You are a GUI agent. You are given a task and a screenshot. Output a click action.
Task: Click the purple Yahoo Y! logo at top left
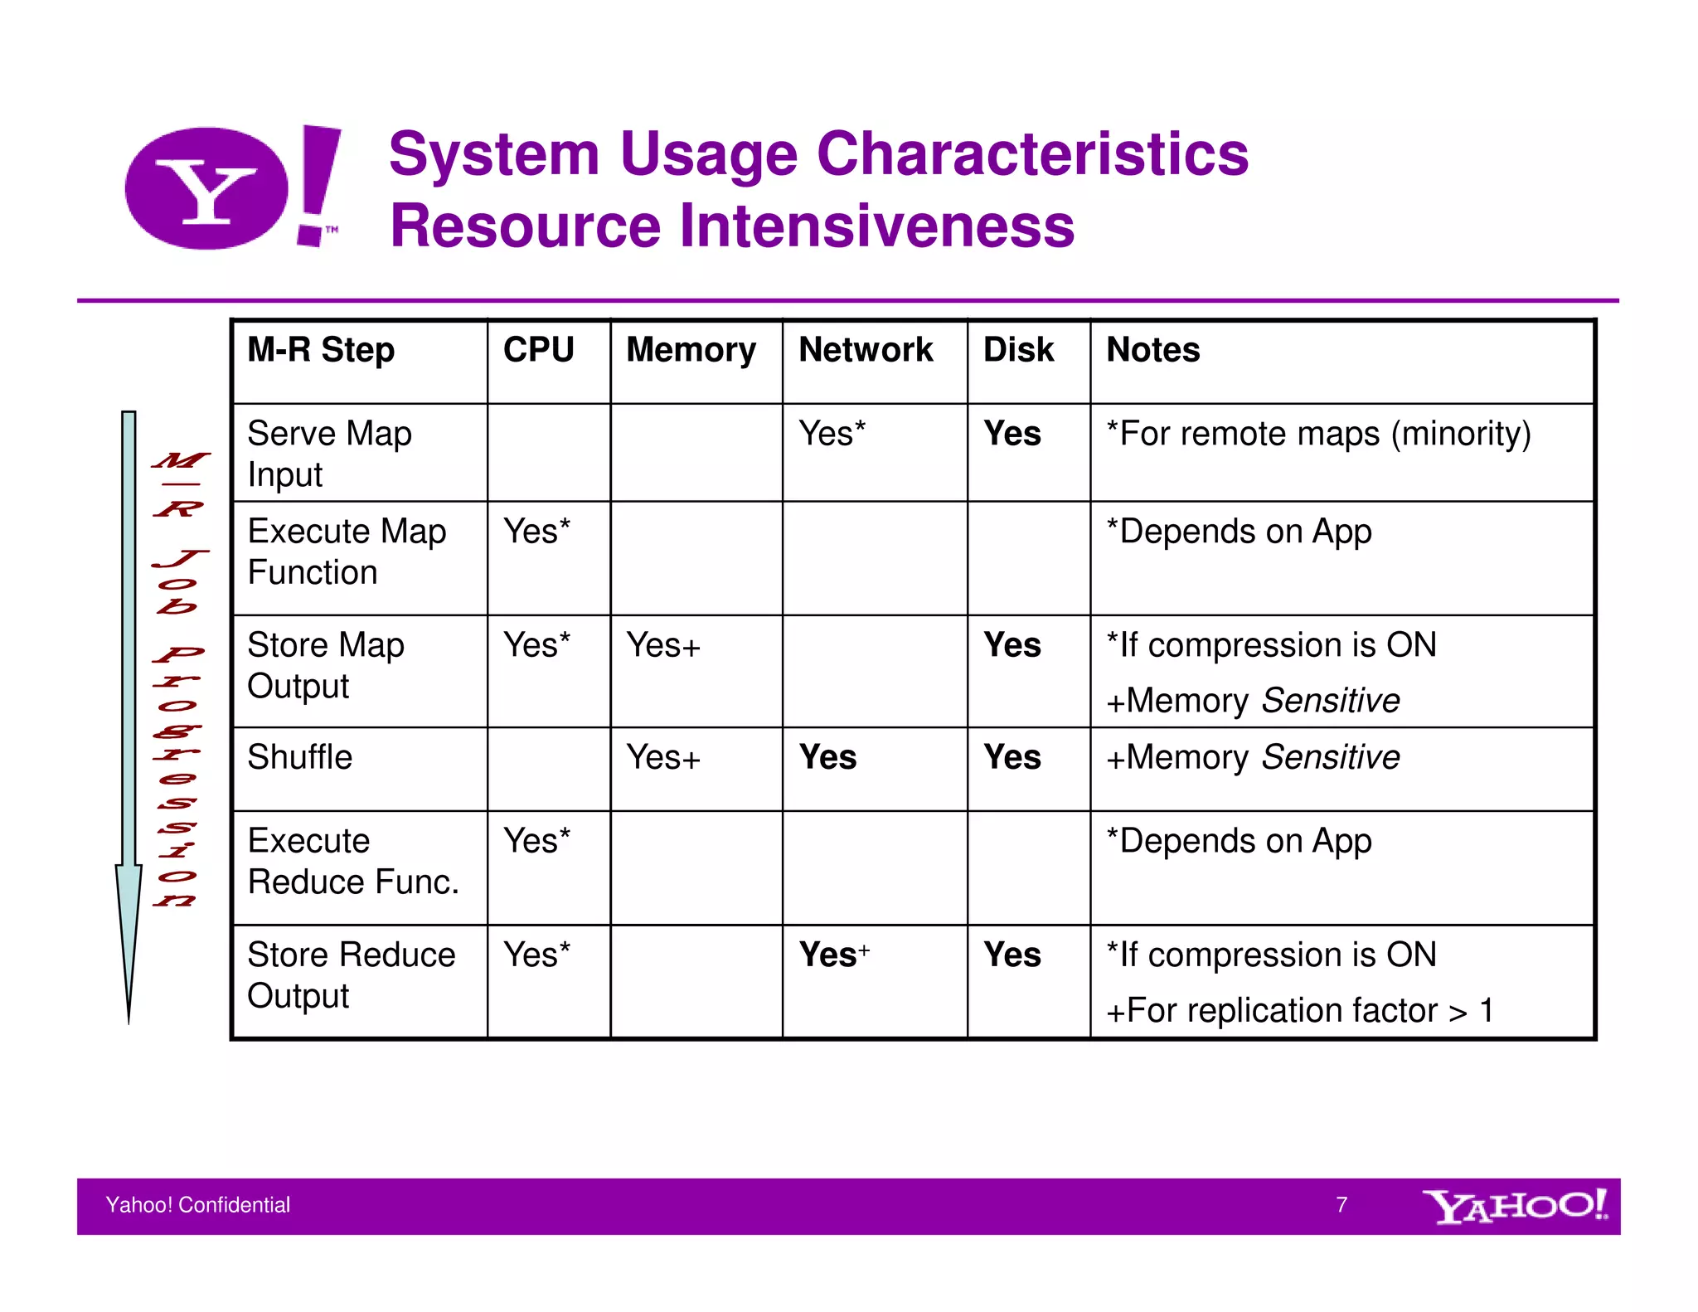pyautogui.click(x=232, y=187)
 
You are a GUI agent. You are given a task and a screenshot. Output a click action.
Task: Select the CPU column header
pyautogui.click(x=538, y=350)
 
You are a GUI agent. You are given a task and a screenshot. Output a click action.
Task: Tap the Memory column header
pyautogui.click(x=691, y=350)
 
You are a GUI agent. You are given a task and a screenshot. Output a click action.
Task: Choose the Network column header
pyautogui.click(x=866, y=350)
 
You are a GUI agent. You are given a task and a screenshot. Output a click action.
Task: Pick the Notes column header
pyautogui.click(x=1152, y=350)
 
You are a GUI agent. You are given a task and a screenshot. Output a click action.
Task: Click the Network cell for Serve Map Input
pyautogui.click(x=832, y=434)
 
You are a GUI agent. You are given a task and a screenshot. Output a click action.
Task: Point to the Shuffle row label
pyautogui.click(x=299, y=757)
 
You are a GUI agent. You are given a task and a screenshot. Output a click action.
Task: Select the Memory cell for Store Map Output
pyautogui.click(x=663, y=645)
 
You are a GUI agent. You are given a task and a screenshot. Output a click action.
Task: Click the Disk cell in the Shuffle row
pyautogui.click(x=1012, y=757)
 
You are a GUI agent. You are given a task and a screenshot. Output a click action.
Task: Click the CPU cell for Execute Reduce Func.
pyautogui.click(x=536, y=841)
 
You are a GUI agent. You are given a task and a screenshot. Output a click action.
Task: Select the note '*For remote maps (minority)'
pyautogui.click(x=1318, y=434)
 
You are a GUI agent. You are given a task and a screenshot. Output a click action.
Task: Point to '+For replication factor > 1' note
pyautogui.click(x=1299, y=1011)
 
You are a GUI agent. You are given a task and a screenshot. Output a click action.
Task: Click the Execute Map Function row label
pyautogui.click(x=347, y=552)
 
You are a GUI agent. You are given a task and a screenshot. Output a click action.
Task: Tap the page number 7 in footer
pyautogui.click(x=1341, y=1205)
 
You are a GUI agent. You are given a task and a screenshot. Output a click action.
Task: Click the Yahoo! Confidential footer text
pyautogui.click(x=197, y=1205)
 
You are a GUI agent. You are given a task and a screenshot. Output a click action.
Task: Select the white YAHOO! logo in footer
pyautogui.click(x=1514, y=1207)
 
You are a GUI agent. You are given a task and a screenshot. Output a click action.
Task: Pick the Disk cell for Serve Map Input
pyautogui.click(x=1012, y=434)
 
